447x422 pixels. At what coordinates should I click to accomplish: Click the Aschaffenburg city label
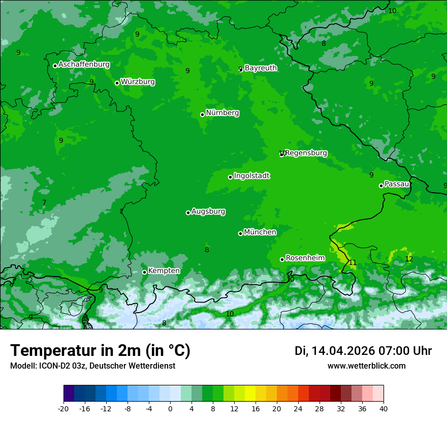pyautogui.click(x=84, y=65)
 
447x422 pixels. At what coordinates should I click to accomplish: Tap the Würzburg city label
pyautogui.click(x=138, y=82)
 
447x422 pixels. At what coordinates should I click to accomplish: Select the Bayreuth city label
pyautogui.click(x=261, y=68)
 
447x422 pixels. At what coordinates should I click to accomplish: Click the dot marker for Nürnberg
pyautogui.click(x=202, y=114)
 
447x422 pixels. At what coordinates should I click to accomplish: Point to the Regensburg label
pyautogui.click(x=306, y=153)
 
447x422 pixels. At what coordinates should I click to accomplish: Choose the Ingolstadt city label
pyautogui.click(x=251, y=176)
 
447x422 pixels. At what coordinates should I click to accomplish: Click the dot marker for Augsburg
pyautogui.click(x=188, y=213)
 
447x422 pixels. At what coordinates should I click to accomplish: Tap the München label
pyautogui.click(x=260, y=232)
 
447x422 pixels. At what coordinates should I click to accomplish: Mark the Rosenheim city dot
pyautogui.click(x=282, y=259)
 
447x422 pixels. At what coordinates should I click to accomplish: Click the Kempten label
pyautogui.click(x=164, y=271)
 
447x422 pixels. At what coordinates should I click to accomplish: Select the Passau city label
pyautogui.click(x=397, y=184)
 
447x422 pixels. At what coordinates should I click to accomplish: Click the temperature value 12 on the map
pyautogui.click(x=409, y=259)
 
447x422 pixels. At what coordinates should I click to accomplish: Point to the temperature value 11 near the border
pyautogui.click(x=352, y=263)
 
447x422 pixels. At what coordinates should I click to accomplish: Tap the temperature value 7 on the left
pyautogui.click(x=44, y=203)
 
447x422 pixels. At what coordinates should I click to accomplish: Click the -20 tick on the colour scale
pyautogui.click(x=63, y=409)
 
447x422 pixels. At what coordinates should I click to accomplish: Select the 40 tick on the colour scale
pyautogui.click(x=384, y=409)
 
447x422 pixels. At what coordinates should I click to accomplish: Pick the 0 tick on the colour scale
pyautogui.click(x=170, y=409)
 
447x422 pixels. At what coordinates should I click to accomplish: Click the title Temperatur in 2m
pyautogui.click(x=100, y=351)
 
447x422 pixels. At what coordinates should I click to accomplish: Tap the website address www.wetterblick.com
pyautogui.click(x=366, y=366)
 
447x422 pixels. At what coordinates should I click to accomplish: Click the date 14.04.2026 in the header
pyautogui.click(x=343, y=351)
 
